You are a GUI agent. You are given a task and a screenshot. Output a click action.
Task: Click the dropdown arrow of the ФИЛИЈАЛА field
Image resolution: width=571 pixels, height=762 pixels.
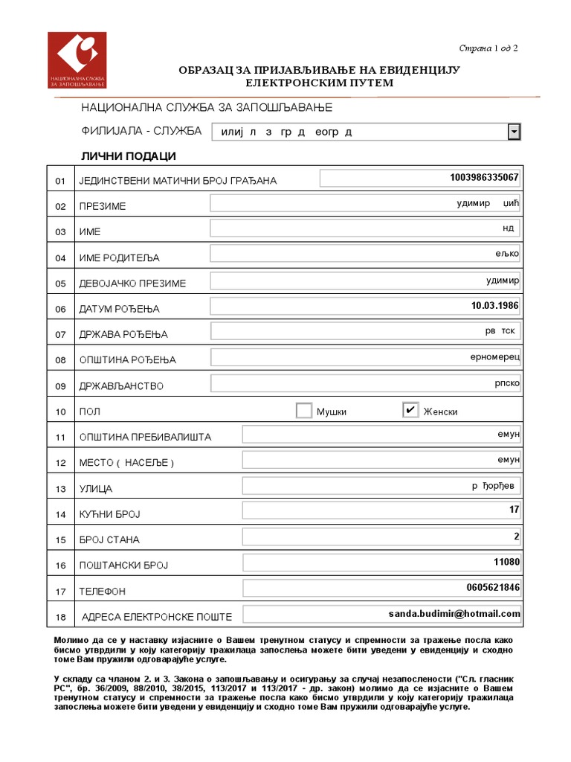tap(513, 132)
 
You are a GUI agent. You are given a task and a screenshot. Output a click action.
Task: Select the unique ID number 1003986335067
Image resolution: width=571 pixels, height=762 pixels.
tap(484, 178)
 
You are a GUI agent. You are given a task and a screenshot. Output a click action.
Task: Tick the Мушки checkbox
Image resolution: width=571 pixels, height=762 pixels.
tap(304, 411)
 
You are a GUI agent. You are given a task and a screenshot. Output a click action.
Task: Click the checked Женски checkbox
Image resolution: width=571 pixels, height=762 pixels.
tap(410, 410)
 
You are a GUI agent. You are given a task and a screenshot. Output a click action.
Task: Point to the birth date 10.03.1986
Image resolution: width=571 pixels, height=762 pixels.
tap(494, 306)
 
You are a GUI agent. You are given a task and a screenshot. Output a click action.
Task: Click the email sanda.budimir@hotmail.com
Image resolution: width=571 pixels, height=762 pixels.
tap(454, 613)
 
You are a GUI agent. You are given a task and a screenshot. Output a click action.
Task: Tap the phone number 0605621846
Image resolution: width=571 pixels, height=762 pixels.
tap(493, 588)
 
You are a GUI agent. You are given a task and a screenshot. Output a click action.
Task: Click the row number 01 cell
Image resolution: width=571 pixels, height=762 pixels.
tap(61, 181)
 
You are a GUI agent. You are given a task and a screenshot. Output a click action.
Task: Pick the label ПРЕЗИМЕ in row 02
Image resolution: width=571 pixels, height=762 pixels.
tap(103, 206)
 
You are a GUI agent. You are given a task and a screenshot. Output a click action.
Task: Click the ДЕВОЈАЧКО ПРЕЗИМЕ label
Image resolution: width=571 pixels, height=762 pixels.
tap(132, 284)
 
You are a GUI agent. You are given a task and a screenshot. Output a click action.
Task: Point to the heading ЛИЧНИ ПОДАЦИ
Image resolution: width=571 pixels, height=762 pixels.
tap(128, 156)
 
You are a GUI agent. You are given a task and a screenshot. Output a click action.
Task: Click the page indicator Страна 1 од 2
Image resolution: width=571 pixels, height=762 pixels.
tap(488, 48)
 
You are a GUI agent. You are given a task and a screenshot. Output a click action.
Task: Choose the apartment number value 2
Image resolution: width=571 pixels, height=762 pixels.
tap(516, 536)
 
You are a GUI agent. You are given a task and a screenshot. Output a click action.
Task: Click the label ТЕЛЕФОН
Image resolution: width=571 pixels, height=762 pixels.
tap(103, 592)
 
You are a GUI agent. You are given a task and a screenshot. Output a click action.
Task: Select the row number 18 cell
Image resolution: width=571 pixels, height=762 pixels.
tap(61, 617)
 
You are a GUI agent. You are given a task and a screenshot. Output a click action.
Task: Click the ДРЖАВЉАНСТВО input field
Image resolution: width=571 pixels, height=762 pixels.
tap(365, 383)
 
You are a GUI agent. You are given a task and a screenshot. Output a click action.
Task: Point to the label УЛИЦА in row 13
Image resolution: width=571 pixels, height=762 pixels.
tap(96, 489)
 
